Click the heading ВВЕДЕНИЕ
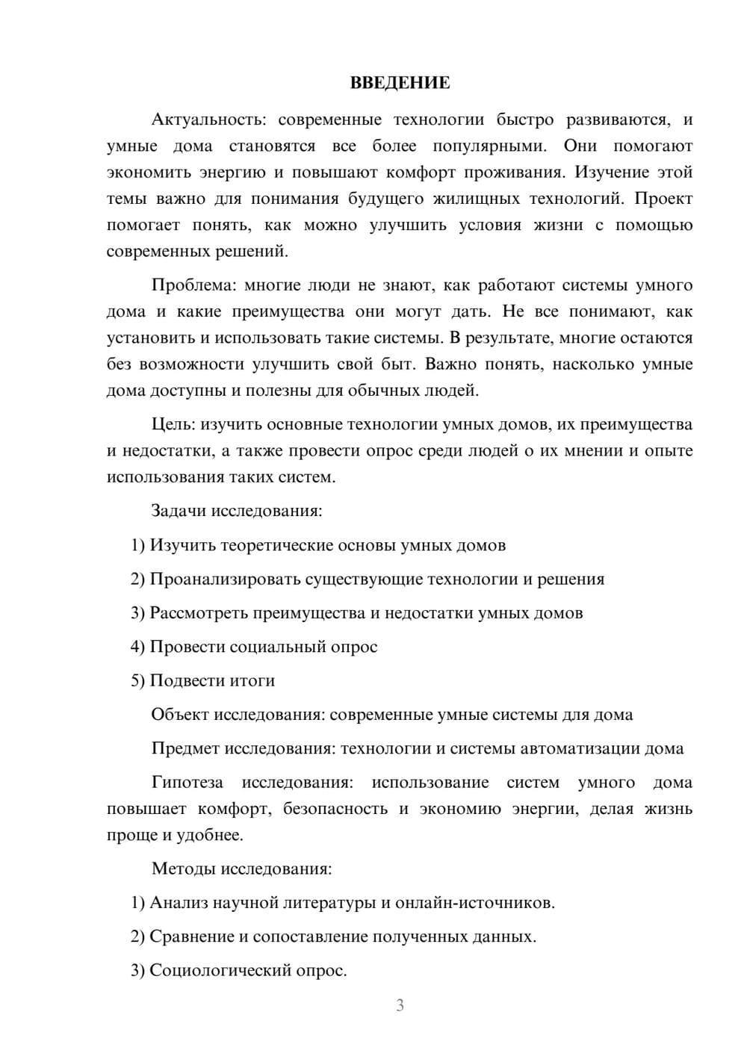click(400, 83)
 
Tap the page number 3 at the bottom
click(400, 1005)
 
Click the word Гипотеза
click(187, 783)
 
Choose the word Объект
click(180, 715)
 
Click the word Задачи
click(179, 512)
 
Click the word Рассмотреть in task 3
click(199, 613)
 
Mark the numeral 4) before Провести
click(137, 647)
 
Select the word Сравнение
click(191, 937)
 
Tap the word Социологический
click(211, 971)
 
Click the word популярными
click(489, 146)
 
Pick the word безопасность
click(335, 809)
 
